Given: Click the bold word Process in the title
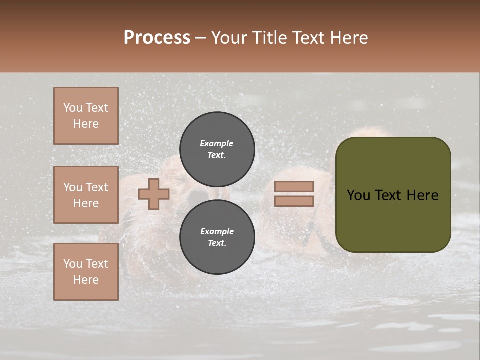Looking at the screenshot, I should [157, 38].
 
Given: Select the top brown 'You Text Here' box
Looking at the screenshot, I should [86, 116].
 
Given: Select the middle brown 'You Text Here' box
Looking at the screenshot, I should [86, 195].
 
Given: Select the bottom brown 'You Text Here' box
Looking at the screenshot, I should [86, 271].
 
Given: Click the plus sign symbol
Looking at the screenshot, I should [154, 194].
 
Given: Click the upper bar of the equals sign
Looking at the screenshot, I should [294, 187].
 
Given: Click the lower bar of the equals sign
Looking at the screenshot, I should [294, 201].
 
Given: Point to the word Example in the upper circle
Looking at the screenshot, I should [216, 143].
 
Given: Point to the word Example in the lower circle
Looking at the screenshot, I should [217, 231].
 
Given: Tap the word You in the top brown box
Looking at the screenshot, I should [72, 108].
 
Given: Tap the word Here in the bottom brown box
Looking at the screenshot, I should [86, 280].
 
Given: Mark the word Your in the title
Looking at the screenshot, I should [230, 38].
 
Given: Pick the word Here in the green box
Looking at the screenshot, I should [422, 195].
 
